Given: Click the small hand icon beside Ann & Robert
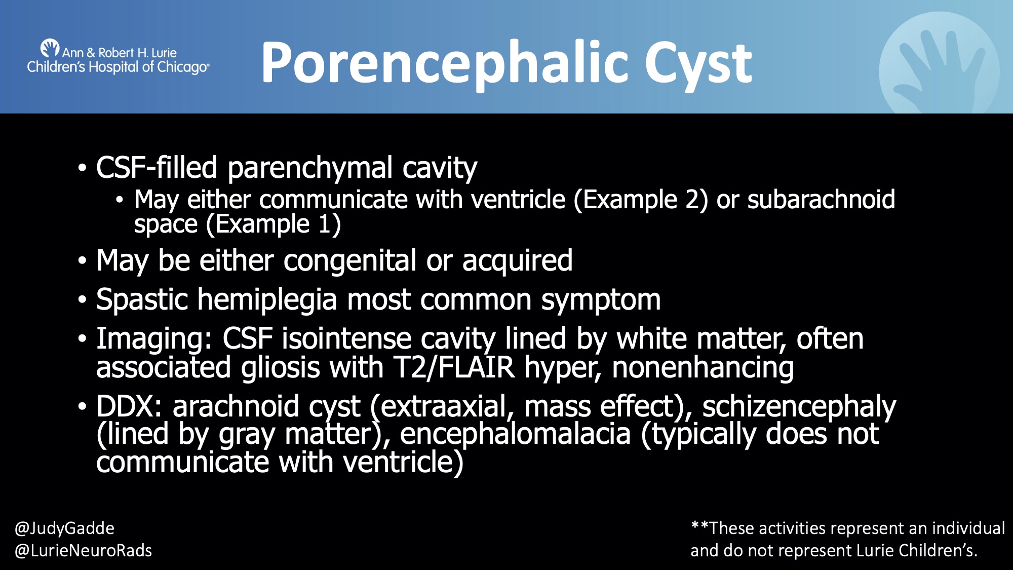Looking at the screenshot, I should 50,48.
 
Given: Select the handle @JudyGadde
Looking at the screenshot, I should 64,528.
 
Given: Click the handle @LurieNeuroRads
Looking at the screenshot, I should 83,551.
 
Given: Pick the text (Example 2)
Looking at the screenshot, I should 640,200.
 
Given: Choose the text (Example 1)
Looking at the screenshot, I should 273,224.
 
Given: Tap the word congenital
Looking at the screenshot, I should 350,261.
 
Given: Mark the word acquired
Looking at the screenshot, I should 517,261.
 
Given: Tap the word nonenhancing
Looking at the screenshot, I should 703,367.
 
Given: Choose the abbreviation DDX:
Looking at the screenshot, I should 129,406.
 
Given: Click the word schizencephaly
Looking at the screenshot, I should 799,406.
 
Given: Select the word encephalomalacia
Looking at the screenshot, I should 515,434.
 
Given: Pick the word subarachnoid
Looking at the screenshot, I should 821,200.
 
